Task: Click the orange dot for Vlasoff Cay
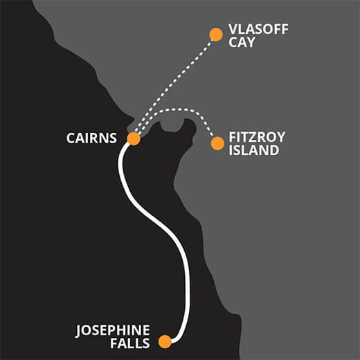216,35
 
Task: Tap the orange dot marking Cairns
134,138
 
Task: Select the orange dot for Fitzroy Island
217,143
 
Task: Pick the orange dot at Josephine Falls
165,341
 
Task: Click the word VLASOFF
258,29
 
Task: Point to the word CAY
242,42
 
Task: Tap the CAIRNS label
91,138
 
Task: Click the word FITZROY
257,137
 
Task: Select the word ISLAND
254,150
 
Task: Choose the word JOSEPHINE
113,330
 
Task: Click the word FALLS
130,343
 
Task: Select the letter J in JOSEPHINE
79,331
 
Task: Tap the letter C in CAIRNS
71,138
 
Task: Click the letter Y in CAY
250,42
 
